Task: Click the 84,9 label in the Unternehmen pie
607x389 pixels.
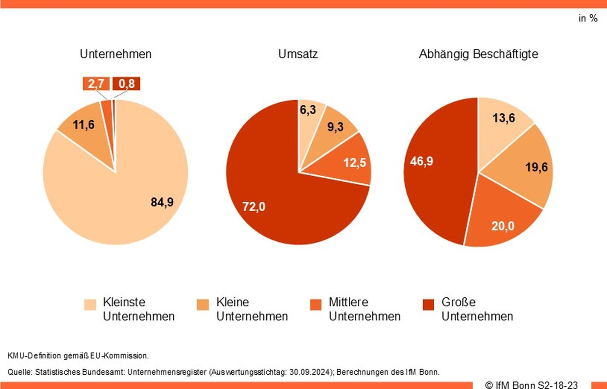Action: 162,202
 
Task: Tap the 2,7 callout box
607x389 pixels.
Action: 96,83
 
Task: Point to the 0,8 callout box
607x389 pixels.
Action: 126,83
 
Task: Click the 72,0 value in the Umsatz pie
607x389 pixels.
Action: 254,206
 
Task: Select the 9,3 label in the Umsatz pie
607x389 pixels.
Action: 335,127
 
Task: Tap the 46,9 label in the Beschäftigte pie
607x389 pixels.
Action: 421,161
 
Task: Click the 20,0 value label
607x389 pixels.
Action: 503,226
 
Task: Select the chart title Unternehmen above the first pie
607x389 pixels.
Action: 115,54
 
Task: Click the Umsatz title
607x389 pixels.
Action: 298,54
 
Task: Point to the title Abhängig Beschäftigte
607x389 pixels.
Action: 478,54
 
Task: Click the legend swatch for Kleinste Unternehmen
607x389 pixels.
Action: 90,304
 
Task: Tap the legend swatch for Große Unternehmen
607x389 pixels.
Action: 428,304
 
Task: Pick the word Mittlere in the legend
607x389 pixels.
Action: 348,302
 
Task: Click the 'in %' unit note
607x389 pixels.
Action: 588,18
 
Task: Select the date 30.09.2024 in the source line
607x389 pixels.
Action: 310,372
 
